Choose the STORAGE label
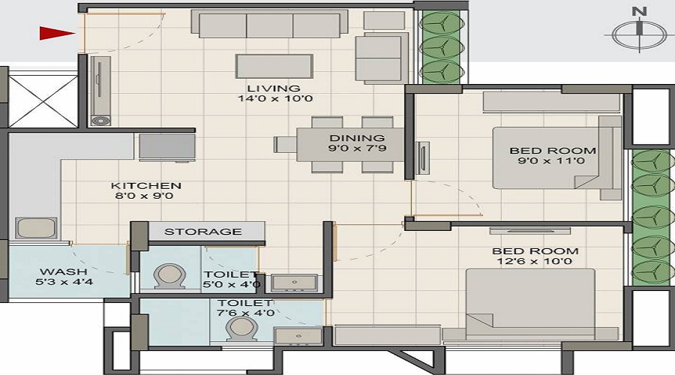click(x=202, y=232)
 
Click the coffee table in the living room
click(x=274, y=65)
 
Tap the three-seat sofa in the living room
click(x=269, y=24)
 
